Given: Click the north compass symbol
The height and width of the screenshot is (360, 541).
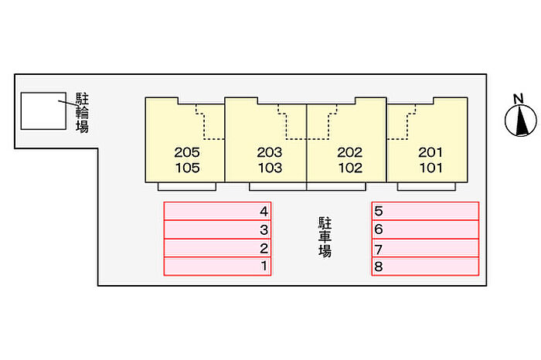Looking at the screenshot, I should [x=520, y=121].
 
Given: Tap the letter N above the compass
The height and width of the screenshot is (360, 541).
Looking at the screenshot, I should [x=519, y=98].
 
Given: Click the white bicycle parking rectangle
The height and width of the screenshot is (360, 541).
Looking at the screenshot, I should [x=43, y=111].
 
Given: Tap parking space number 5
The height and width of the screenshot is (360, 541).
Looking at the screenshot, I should [x=425, y=211].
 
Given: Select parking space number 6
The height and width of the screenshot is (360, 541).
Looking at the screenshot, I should [x=425, y=229].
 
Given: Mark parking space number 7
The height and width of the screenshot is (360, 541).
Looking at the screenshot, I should [x=425, y=249].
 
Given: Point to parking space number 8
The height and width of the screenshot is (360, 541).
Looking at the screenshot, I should [x=425, y=267].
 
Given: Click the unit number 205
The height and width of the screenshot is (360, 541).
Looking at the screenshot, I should [x=188, y=152].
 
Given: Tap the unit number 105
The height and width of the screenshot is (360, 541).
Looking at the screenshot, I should [x=188, y=167].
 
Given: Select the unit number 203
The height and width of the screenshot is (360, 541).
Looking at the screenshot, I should [x=270, y=152].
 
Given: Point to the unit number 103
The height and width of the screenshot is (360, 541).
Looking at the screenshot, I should [x=270, y=167].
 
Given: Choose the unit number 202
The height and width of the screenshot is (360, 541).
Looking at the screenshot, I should [x=350, y=152].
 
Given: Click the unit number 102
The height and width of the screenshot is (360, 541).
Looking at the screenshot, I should [x=350, y=167].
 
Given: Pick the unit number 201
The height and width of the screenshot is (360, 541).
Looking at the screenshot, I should [x=430, y=152].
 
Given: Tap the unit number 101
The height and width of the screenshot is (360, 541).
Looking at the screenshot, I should [x=430, y=167].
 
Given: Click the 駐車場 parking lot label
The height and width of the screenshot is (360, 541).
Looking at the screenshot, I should [x=325, y=237].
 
